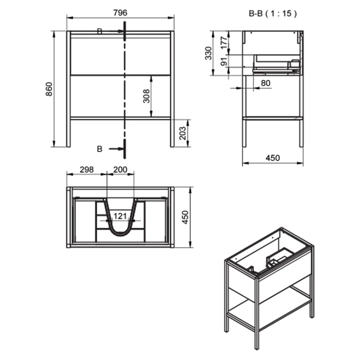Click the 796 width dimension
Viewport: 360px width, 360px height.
click(120, 13)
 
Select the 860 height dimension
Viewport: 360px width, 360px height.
click(49, 89)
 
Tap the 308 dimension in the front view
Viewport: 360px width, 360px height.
click(146, 96)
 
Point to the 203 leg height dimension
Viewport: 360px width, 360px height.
click(182, 133)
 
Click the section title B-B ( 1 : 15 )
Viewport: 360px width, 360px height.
click(273, 14)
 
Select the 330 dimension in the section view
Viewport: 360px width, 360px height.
click(208, 53)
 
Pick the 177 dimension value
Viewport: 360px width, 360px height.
click(224, 43)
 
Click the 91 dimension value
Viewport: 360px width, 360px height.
click(224, 61)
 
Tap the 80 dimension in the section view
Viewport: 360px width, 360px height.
click(266, 83)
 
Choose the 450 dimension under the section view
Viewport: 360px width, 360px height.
click(273, 158)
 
